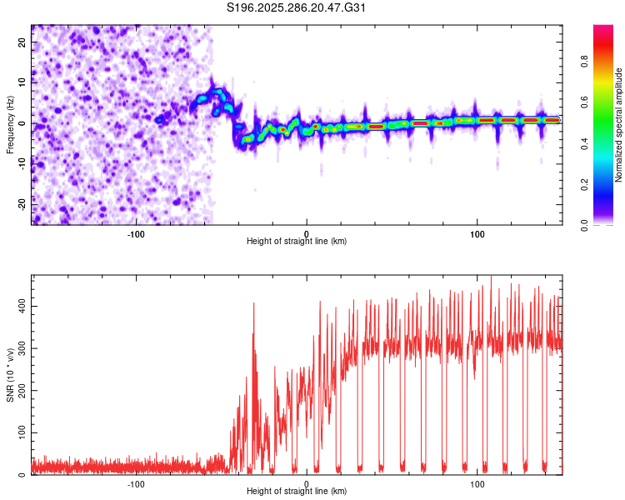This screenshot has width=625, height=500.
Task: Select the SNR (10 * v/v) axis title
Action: pyautogui.click(x=10, y=375)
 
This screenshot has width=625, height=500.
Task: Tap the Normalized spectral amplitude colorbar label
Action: pyautogui.click(x=618, y=125)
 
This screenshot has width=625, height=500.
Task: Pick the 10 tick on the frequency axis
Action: pyautogui.click(x=22, y=82)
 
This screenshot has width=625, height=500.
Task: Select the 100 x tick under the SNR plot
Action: pyautogui.click(x=477, y=483)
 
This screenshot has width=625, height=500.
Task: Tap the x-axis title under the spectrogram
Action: pyautogui.click(x=297, y=242)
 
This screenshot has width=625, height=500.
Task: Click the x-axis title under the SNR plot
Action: pyautogui.click(x=297, y=492)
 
